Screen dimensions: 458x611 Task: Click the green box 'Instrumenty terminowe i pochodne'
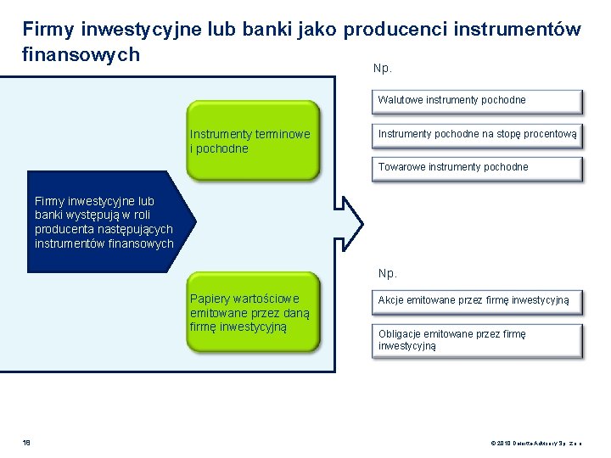point(253,141)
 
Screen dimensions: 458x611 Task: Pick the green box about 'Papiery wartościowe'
point(253,311)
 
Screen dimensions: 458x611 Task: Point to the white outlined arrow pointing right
point(351,223)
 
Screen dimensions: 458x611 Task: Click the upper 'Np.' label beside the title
point(382,69)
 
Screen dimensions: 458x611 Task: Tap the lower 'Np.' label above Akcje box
point(387,273)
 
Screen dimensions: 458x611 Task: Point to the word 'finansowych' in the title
point(81,54)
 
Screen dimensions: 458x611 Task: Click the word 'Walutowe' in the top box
point(398,100)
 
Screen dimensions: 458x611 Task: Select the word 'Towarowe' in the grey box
point(400,167)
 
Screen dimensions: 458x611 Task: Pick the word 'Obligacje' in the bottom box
point(399,334)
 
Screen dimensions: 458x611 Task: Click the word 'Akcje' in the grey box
point(391,300)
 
